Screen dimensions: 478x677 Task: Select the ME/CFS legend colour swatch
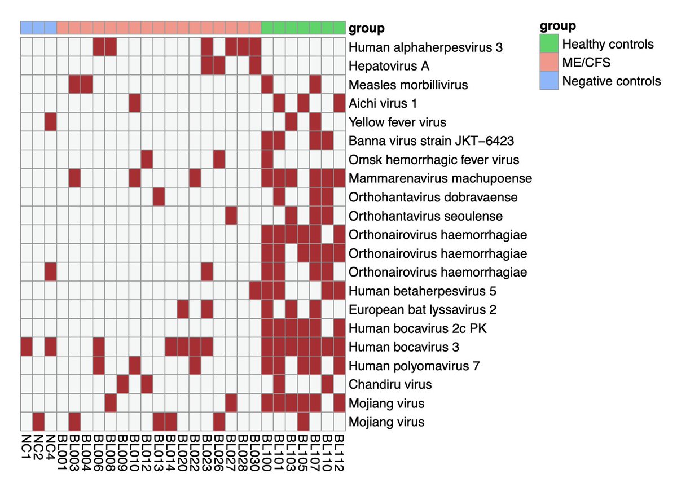[x=549, y=63]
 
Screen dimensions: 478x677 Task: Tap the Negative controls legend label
[x=612, y=81]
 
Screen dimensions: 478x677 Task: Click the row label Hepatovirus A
[x=389, y=66]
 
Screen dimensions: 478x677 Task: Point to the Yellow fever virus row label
[x=398, y=122]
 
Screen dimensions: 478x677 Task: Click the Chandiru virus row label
[x=390, y=384]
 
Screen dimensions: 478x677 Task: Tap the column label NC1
[x=27, y=446]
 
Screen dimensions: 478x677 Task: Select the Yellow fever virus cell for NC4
[x=50, y=122]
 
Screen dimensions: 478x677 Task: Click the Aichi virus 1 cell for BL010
[x=134, y=103]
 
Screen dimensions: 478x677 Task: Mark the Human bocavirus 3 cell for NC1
[x=27, y=347]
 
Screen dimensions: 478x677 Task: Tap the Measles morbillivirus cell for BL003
[x=74, y=85]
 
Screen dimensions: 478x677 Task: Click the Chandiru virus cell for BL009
[x=122, y=384]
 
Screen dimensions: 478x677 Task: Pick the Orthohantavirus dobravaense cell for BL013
[x=159, y=197]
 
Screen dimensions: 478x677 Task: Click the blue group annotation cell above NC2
[x=38, y=27]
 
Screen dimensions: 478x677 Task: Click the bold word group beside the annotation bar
[x=367, y=28]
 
